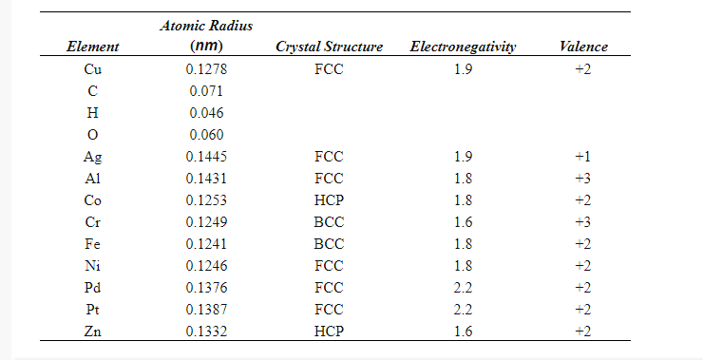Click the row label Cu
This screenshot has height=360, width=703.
click(93, 69)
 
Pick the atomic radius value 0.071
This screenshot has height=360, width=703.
click(206, 91)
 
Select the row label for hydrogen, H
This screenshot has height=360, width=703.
click(93, 113)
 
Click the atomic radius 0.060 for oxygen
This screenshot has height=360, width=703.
click(206, 135)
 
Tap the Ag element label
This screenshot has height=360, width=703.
click(93, 156)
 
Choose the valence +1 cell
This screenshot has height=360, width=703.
click(583, 156)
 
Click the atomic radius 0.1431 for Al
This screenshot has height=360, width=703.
click(206, 178)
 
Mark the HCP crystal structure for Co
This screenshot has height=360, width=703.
click(329, 199)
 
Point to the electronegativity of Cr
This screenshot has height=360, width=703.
click(463, 221)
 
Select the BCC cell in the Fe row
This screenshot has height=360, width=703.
click(329, 243)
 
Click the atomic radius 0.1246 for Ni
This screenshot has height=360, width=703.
click(206, 265)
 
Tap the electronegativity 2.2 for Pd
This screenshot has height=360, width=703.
click(463, 287)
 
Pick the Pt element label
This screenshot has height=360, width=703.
click(93, 309)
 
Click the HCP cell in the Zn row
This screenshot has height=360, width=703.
click(329, 331)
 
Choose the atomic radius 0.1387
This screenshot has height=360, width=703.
click(206, 309)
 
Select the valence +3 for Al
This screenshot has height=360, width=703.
click(583, 178)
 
